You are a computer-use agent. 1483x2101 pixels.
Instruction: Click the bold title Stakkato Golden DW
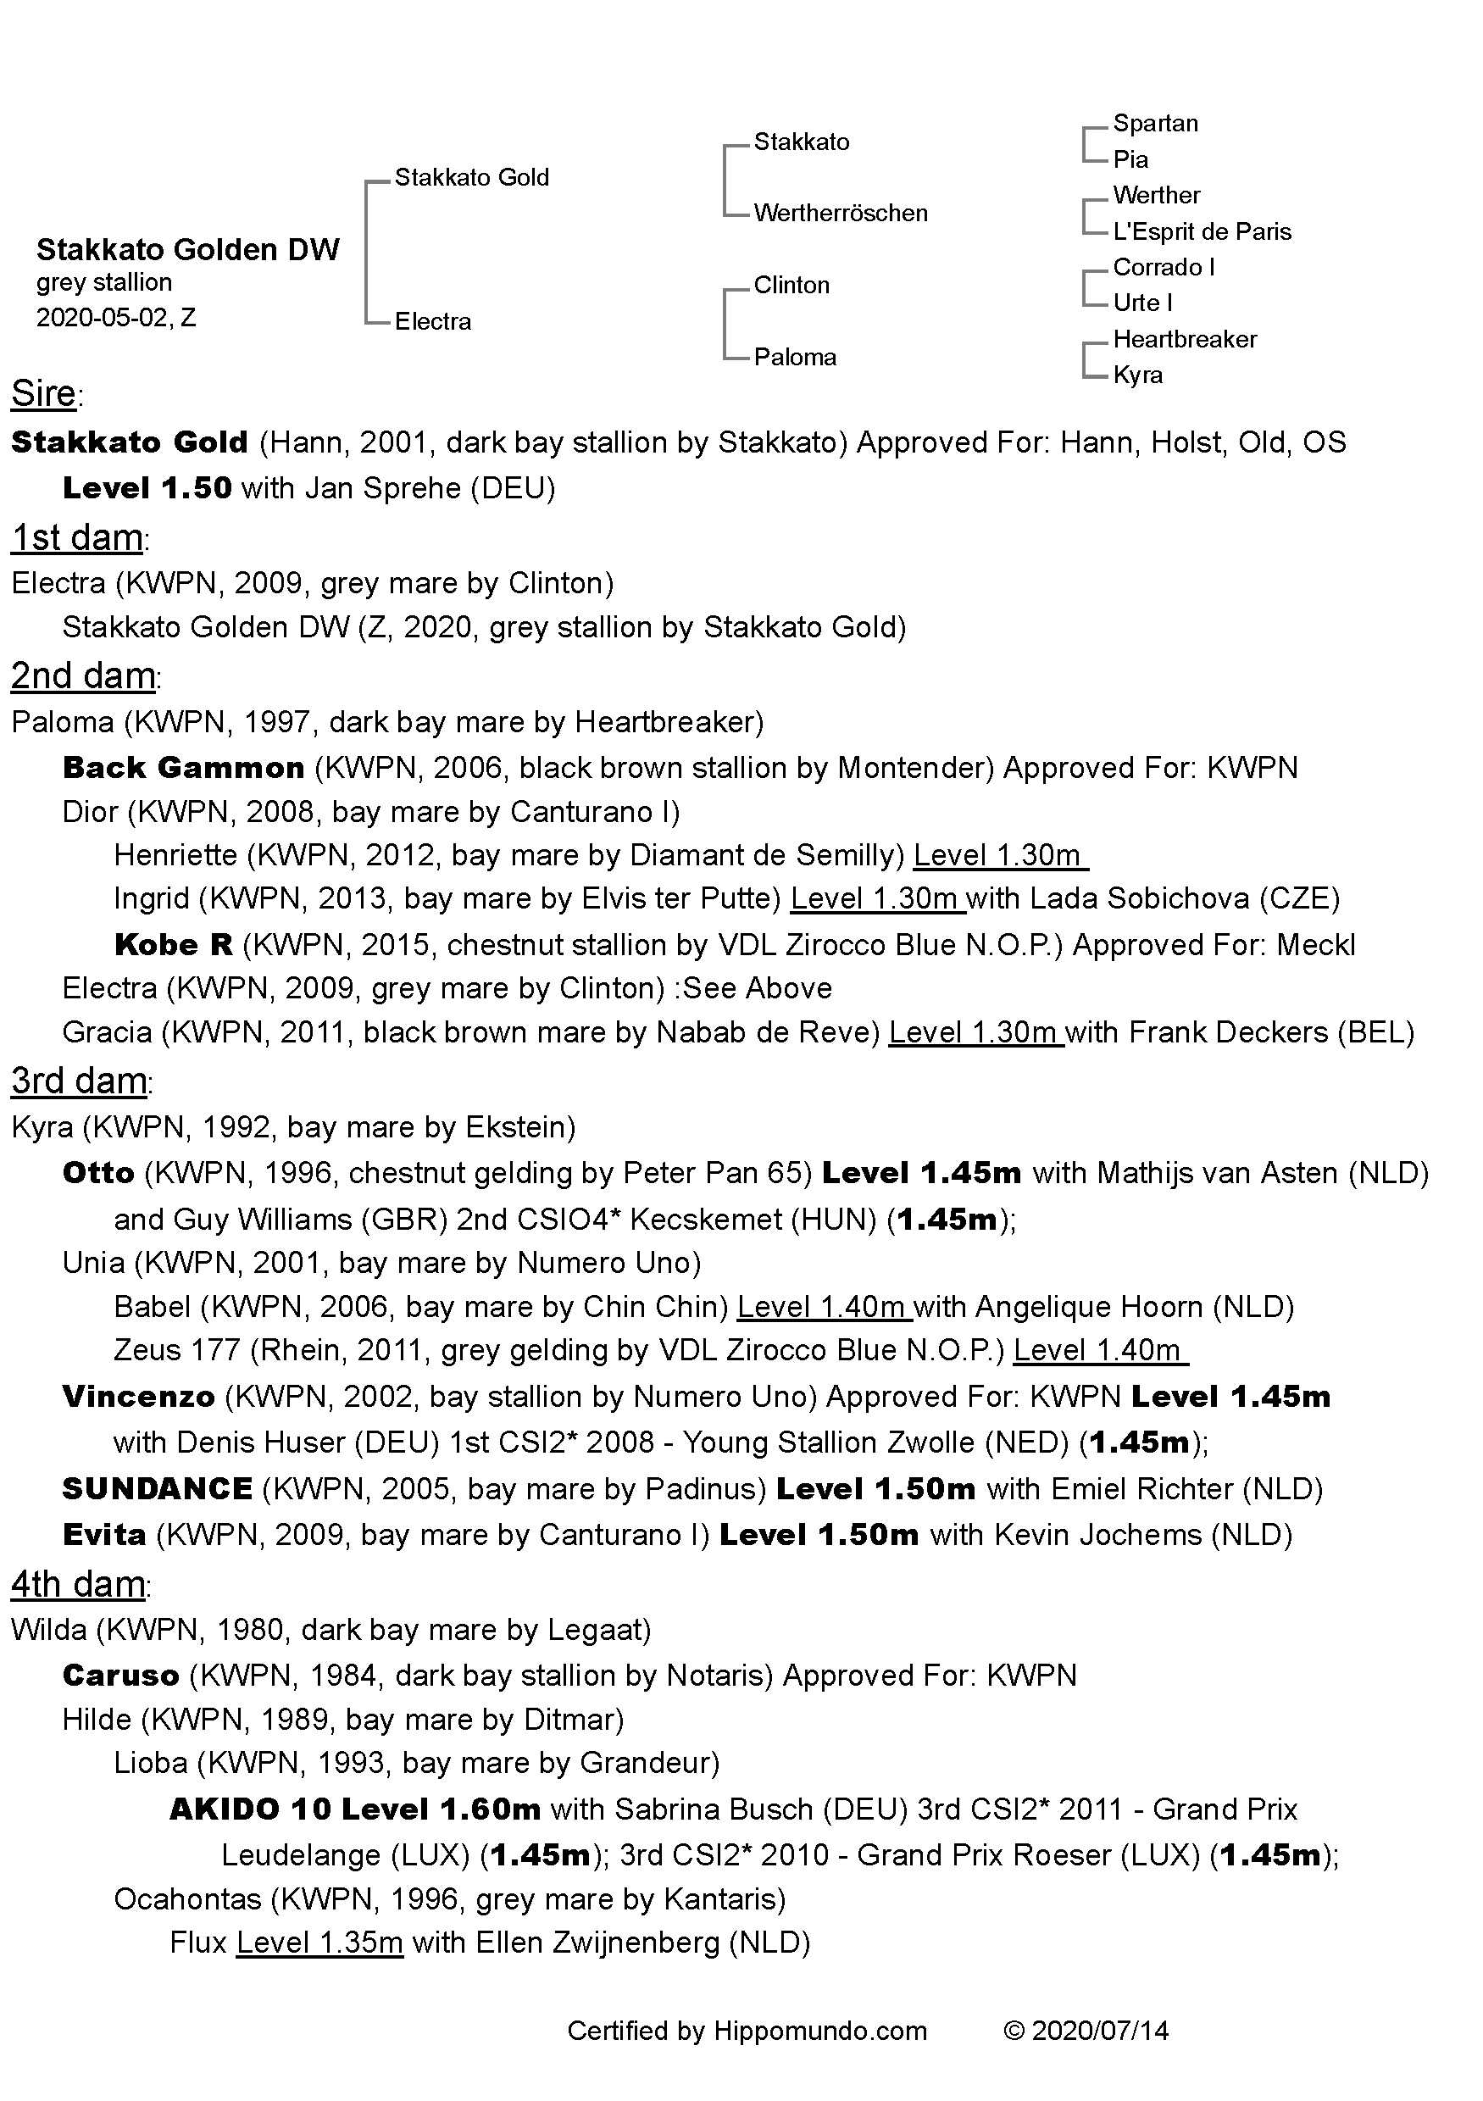187,250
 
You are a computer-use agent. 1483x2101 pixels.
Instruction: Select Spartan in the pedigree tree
1154,124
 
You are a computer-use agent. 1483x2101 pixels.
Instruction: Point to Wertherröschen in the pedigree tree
840,214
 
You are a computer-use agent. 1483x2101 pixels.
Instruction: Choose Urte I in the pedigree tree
1141,303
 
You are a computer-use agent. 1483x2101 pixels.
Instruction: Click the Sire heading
44,393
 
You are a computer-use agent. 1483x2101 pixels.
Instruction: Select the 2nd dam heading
82,676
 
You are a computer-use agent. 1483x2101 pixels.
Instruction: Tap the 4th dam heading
78,1584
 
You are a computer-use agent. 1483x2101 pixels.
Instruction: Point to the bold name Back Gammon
183,767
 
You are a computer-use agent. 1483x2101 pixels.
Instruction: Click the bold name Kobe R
173,944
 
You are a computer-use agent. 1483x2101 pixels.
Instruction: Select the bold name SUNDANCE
157,1489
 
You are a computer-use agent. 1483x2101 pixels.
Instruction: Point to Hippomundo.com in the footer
819,2031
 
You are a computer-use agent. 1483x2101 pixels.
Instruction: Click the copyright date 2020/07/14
1100,2031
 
